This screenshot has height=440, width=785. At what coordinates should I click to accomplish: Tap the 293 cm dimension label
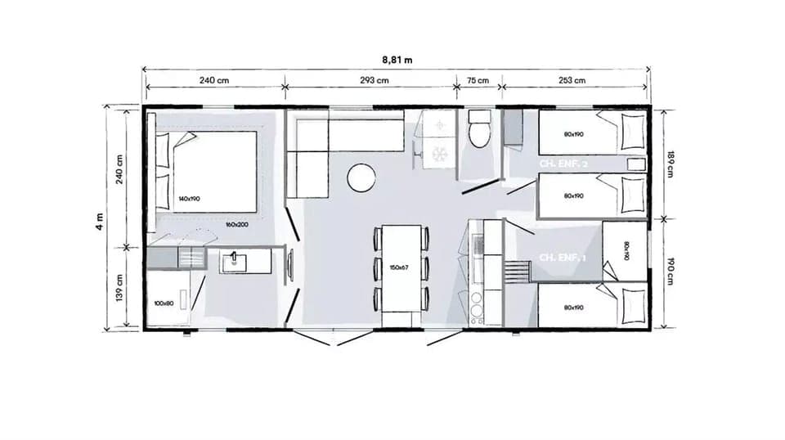pos(372,80)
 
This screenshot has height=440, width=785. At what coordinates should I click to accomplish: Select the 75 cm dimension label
pos(478,80)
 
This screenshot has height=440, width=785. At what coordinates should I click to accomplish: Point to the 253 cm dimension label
pos(573,80)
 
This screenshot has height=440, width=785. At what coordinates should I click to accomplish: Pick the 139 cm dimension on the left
pos(119,289)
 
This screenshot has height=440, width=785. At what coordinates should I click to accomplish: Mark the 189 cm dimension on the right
pos(671,164)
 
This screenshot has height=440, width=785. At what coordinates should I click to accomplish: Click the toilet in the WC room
pos(478,131)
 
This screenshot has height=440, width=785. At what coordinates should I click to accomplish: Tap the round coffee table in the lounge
pos(361,177)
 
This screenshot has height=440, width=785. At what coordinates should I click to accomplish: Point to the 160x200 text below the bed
pos(238,223)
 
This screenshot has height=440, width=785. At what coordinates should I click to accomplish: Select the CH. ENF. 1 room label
pos(563,258)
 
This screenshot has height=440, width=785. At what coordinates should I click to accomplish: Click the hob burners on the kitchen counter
pos(477,305)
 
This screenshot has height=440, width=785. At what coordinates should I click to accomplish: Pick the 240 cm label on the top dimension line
pos(213,80)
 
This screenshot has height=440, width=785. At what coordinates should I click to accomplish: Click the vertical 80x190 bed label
pos(625,250)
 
